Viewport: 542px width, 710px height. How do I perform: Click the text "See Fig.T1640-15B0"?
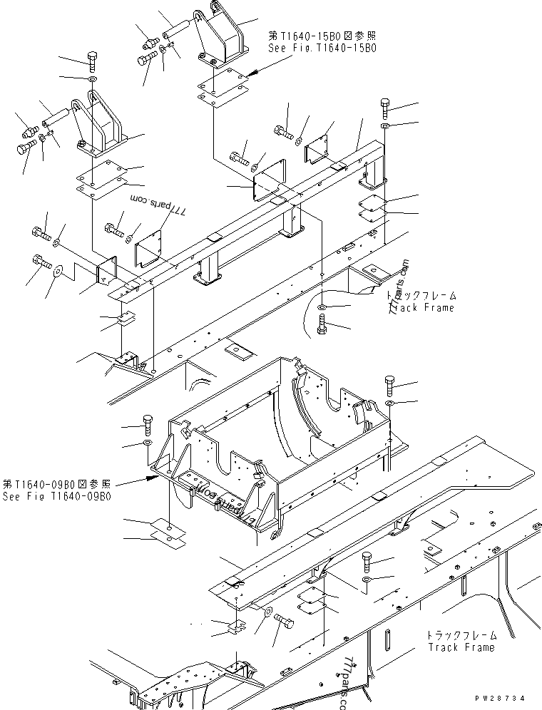(322, 48)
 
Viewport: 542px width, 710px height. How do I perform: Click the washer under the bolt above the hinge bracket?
(92, 77)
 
